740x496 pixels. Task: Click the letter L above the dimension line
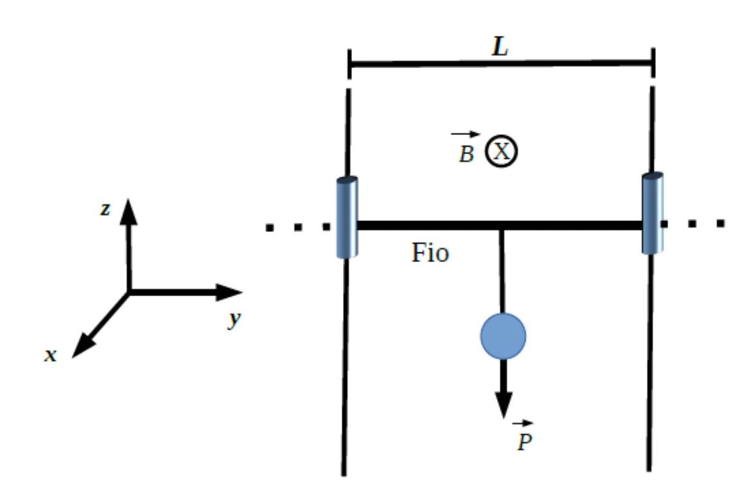click(x=500, y=47)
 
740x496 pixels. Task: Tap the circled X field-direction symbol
click(x=501, y=152)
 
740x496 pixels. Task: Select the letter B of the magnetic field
click(x=466, y=154)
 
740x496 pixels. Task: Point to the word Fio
click(x=430, y=252)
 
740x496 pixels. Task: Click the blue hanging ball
click(x=503, y=336)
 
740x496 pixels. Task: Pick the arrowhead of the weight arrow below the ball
click(x=504, y=404)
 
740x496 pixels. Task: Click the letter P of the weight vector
click(x=524, y=442)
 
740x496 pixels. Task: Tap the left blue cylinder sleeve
click(x=347, y=218)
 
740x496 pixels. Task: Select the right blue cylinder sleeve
click(x=653, y=213)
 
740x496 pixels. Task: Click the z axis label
click(x=105, y=209)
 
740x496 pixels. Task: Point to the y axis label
click(x=234, y=319)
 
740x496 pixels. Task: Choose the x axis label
click(x=51, y=355)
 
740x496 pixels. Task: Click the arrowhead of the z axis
click(x=128, y=211)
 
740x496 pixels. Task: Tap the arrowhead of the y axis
click(x=229, y=292)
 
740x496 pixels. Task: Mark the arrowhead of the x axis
click(x=84, y=346)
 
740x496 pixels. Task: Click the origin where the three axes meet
click(x=129, y=292)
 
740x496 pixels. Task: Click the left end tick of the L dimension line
click(x=349, y=64)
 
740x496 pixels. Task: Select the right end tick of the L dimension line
click(x=653, y=62)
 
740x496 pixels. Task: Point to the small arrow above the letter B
click(x=465, y=134)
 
